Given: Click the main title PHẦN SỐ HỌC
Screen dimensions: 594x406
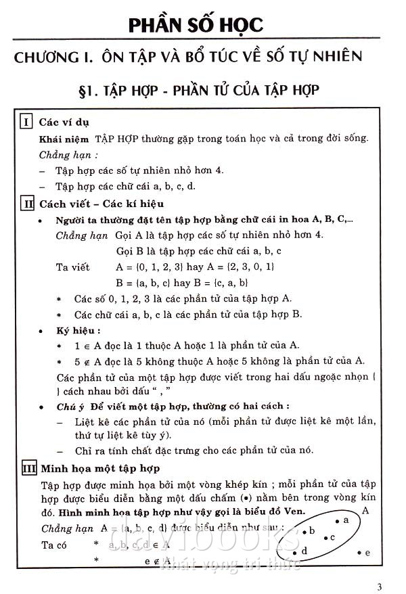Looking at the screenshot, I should [196, 25].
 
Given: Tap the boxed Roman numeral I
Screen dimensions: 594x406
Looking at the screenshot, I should [26, 122].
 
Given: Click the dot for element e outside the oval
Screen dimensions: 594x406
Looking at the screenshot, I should [359, 553].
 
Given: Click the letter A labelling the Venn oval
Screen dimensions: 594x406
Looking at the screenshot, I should [365, 510].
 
